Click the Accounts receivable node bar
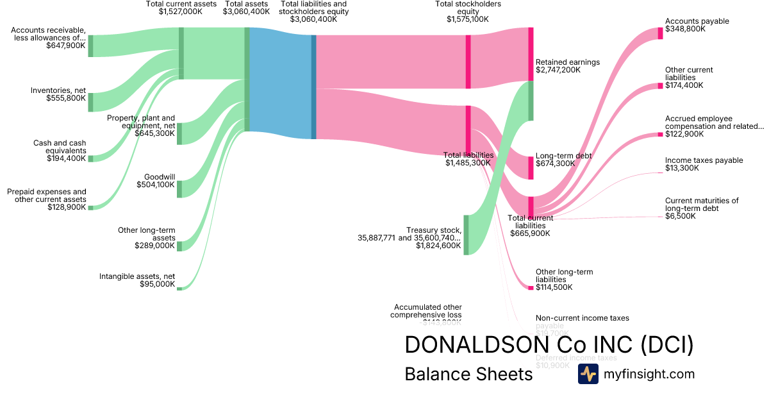coord(90,46)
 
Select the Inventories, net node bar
coord(90,103)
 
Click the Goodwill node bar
coord(179,189)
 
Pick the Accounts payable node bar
coord(660,33)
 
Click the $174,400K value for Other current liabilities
coord(684,85)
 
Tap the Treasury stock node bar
coord(466,235)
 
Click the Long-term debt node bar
coord(531,167)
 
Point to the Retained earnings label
coord(567,62)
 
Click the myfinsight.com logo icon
coord(588,374)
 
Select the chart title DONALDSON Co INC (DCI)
coord(549,345)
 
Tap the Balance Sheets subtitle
coord(468,375)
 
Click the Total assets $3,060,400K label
coord(246,8)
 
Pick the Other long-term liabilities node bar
coord(531,288)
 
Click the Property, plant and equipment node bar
coord(179,133)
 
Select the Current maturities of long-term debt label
coord(701,205)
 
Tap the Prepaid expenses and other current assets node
coord(90,208)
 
